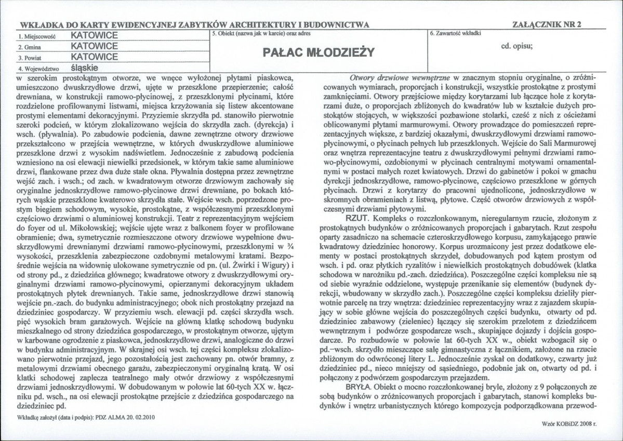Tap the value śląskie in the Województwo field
tap(86, 68)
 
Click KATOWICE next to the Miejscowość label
tap(95, 35)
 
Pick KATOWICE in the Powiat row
tap(95, 56)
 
